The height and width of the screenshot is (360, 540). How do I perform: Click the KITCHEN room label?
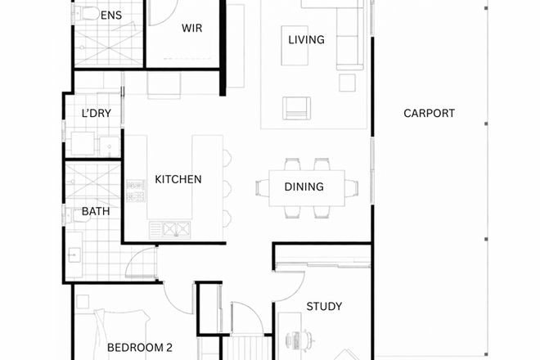[x=178, y=179]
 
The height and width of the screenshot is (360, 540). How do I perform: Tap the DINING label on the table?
[x=304, y=187]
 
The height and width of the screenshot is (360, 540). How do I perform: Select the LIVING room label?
[x=307, y=39]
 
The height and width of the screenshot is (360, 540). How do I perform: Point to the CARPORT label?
[x=429, y=114]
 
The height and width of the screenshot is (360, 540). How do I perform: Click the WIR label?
[x=191, y=28]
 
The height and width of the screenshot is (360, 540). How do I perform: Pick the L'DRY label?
[x=97, y=114]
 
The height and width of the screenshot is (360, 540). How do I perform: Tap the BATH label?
[x=95, y=212]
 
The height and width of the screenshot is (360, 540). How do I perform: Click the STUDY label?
[x=324, y=307]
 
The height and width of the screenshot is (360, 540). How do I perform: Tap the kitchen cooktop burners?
[x=135, y=195]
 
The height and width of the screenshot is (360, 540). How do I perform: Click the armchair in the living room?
[x=296, y=107]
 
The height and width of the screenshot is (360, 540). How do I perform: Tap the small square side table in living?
[x=348, y=82]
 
